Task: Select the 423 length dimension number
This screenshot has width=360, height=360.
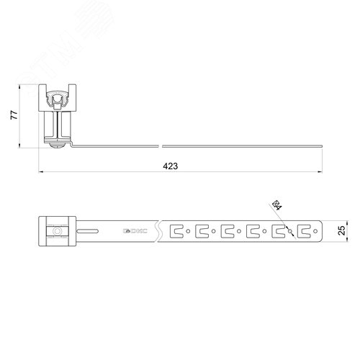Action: click(x=171, y=166)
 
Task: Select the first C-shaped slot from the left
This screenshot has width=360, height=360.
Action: click(x=177, y=231)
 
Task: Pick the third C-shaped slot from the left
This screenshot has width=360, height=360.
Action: click(x=228, y=231)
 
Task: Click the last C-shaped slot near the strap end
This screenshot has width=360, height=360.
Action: click(x=305, y=231)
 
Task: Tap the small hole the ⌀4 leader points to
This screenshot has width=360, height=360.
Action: click(x=291, y=231)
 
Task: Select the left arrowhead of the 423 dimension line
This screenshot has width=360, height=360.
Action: click(x=40, y=173)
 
